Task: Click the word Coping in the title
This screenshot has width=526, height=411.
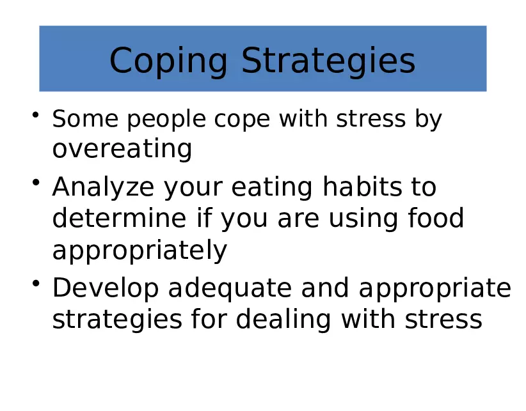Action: coord(168,62)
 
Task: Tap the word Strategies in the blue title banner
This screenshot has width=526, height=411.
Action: coord(328,62)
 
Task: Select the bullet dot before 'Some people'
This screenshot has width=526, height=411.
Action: coord(36,115)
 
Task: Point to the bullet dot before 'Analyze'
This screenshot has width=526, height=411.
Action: coord(36,183)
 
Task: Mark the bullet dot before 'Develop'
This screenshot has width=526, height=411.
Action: coord(36,283)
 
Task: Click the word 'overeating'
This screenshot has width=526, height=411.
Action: coord(122,150)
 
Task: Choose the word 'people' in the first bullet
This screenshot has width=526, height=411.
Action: coord(166,120)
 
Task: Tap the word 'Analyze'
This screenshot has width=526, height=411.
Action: coord(103,187)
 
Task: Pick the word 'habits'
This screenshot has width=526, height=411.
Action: coord(362,187)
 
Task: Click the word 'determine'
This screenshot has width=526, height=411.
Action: coord(119,218)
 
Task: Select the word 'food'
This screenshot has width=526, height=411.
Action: coord(436,218)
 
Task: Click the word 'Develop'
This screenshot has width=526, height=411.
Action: coord(106,289)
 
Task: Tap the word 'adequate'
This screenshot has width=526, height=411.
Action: coord(230,289)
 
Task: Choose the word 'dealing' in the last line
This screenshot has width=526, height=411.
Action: coord(283,320)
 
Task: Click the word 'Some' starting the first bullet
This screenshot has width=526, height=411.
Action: coord(85,119)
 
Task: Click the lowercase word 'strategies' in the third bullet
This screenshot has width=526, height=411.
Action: coord(117,320)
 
